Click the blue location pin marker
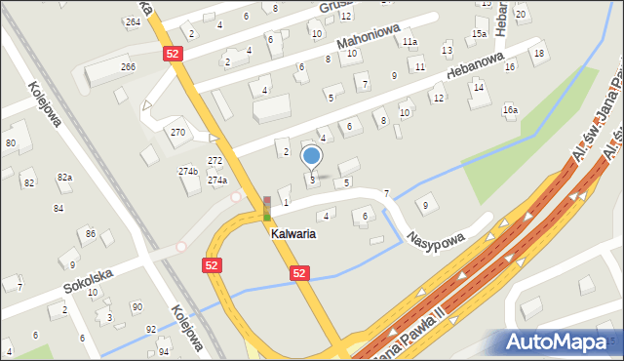tap(311, 156)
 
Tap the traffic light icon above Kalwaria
tap(267, 208)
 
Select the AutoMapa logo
tap(561, 341)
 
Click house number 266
tap(128, 66)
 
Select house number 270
tap(177, 132)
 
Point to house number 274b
tap(188, 172)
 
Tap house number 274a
tap(216, 180)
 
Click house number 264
tap(133, 20)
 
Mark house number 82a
tap(64, 177)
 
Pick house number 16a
tap(510, 110)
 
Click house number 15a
tap(479, 33)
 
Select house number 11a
tap(410, 42)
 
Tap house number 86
tap(90, 234)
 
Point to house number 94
tap(163, 351)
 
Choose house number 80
tap(10, 143)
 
